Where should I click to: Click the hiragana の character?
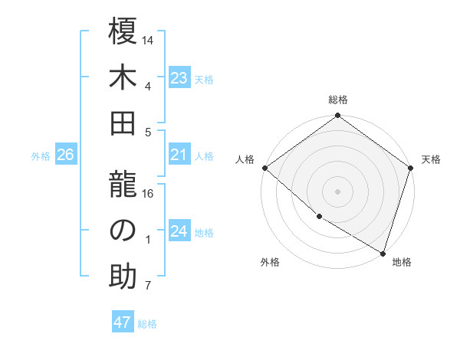123,231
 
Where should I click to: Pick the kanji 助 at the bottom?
123,277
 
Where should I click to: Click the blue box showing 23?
179,78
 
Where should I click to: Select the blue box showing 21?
179,155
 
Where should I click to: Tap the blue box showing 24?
179,232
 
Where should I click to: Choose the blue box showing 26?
66,155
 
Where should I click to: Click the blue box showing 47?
123,322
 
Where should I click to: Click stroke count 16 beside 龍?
149,194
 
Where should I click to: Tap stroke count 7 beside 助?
149,286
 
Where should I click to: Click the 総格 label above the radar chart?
338,100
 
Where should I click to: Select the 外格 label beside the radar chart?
270,262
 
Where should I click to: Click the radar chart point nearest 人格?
264,168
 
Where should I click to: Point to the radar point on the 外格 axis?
318,218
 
